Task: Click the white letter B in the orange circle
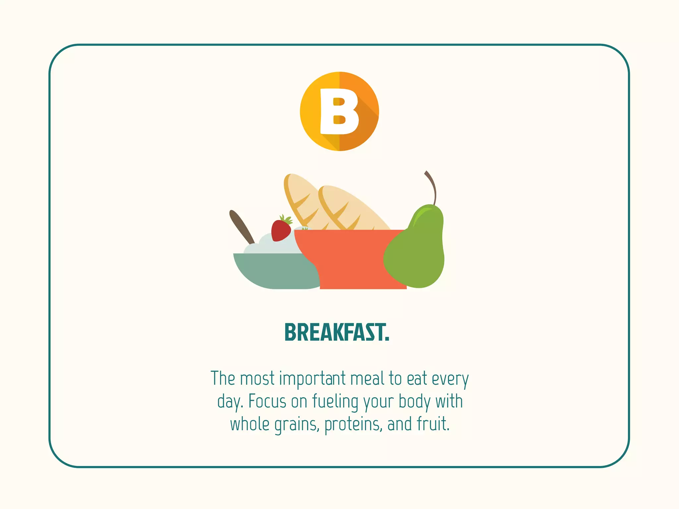(339, 111)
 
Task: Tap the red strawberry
(280, 231)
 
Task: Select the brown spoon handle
(241, 226)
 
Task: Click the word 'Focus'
(267, 402)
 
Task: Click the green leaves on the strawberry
(286, 219)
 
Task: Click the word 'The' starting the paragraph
(223, 379)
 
